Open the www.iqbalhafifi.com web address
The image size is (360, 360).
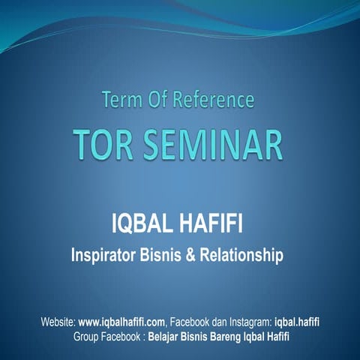point(124,322)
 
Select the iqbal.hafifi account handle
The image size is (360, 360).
point(300,322)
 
